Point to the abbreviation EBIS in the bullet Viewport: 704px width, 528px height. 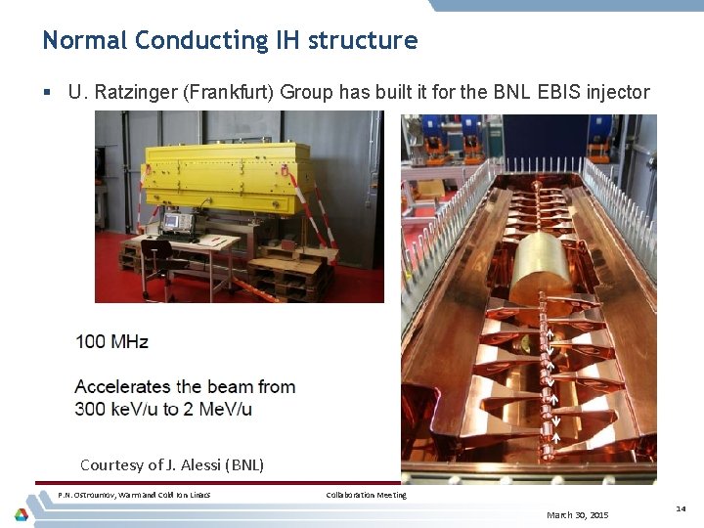click(x=560, y=93)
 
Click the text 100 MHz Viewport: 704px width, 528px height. click(x=111, y=341)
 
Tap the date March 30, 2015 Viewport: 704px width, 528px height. click(x=577, y=514)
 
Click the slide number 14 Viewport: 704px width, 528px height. click(x=681, y=508)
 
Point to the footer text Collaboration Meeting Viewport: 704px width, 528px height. click(x=366, y=495)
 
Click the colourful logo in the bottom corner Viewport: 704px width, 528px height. click(x=21, y=514)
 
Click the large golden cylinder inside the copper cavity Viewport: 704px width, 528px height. click(x=541, y=263)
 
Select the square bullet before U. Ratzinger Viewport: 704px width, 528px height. click(x=47, y=93)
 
